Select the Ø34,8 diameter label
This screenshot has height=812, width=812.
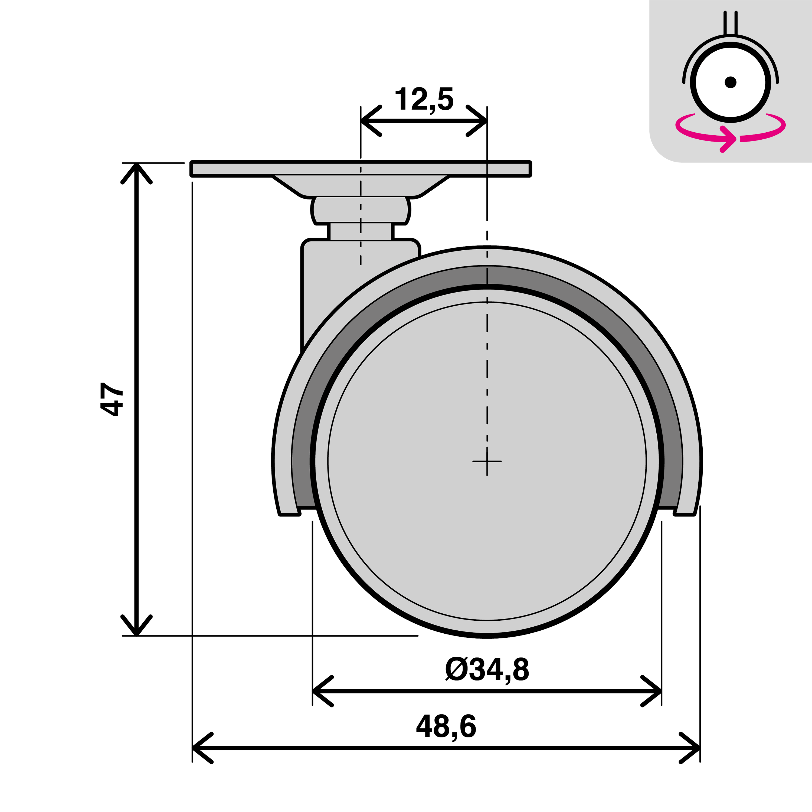coord(487,670)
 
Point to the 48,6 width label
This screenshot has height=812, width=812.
coord(446,726)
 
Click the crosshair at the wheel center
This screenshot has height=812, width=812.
coord(487,461)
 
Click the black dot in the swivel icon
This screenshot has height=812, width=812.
coord(731,82)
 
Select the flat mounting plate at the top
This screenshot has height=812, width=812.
coord(361,169)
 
